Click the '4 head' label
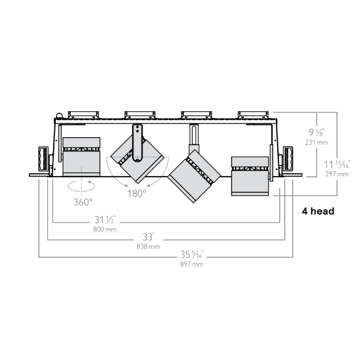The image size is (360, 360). [x=318, y=211]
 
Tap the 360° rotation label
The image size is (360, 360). [x=83, y=202]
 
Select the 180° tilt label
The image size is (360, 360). [x=137, y=193]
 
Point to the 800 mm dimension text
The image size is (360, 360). [x=105, y=229]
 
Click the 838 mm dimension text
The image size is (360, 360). [x=148, y=247]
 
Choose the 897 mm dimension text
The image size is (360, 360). [x=192, y=264]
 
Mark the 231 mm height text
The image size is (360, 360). [x=317, y=143]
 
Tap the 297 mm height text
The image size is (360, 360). [x=337, y=174]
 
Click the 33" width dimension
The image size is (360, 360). [x=148, y=237]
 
